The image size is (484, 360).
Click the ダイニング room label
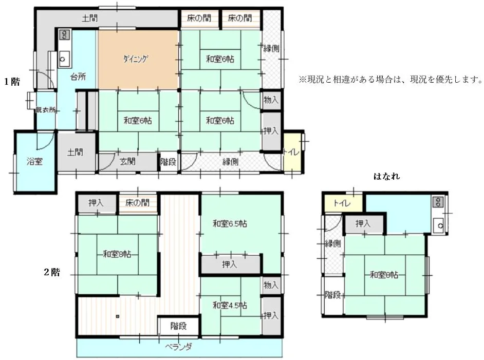tap(136, 59)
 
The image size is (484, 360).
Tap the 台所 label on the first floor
tap(78, 77)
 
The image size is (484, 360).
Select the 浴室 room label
tap(34, 161)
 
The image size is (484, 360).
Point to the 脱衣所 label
tap(46, 109)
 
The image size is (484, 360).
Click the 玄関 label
tap(127, 161)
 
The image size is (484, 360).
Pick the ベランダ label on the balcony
tap(178, 347)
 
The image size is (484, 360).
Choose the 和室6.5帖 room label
tap(230, 223)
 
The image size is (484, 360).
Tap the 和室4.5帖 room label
tap(230, 306)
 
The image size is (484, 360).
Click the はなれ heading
tap(386, 176)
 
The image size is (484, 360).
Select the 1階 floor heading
tap(12, 82)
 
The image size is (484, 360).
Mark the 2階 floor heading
tap(52, 272)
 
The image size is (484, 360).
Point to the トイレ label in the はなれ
tap(342, 203)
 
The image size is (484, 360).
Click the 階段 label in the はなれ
tap(333, 295)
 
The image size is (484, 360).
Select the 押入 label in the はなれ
tap(363, 223)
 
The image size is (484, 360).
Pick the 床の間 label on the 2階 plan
tap(138, 203)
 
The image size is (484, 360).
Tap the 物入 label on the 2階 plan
tap(271, 285)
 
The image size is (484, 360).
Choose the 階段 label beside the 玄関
tap(168, 161)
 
